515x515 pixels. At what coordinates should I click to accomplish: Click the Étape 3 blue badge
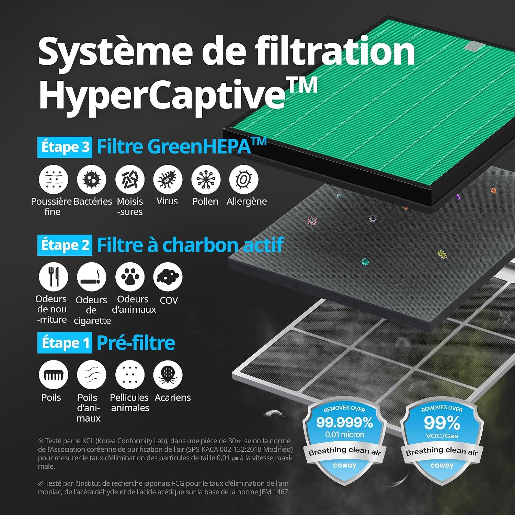pyautogui.click(x=65, y=147)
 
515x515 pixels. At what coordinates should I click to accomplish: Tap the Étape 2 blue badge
pyautogui.click(x=65, y=245)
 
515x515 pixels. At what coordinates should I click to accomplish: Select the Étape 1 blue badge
pyautogui.click(x=65, y=343)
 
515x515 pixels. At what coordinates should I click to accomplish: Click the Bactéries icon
pyautogui.click(x=92, y=179)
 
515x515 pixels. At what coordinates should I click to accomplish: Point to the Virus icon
pyautogui.click(x=168, y=179)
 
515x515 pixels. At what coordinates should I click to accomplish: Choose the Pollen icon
pyautogui.click(x=206, y=179)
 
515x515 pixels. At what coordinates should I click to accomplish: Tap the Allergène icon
pyautogui.click(x=244, y=179)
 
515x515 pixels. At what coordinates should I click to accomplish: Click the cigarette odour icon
pyautogui.click(x=92, y=277)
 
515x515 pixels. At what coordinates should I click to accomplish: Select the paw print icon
pyautogui.click(x=130, y=277)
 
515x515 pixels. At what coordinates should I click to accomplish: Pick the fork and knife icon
pyautogui.click(x=54, y=277)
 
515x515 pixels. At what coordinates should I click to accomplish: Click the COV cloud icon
pyautogui.click(x=168, y=277)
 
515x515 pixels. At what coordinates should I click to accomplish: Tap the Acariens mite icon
pyautogui.click(x=168, y=375)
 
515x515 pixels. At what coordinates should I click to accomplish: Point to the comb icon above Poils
pyautogui.click(x=54, y=375)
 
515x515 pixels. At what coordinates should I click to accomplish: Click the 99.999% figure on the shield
pyautogui.click(x=344, y=422)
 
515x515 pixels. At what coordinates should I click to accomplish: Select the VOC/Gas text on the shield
pyautogui.click(x=442, y=436)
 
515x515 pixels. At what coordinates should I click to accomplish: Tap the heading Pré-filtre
pyautogui.click(x=136, y=343)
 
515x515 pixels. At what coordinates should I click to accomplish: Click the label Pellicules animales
pyautogui.click(x=129, y=403)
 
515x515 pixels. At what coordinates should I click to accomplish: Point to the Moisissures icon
pyautogui.click(x=130, y=179)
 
